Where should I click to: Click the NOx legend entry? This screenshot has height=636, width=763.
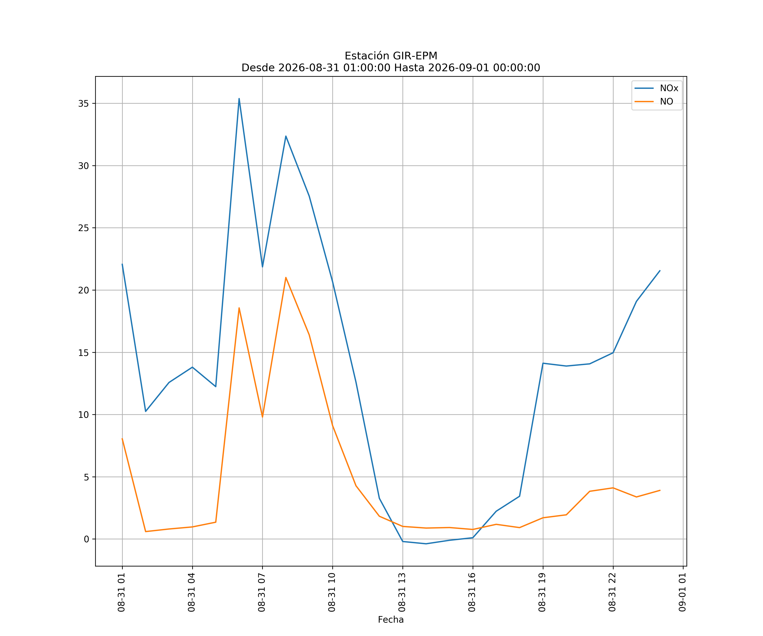pos(656,88)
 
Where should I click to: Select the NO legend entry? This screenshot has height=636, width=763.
pos(654,101)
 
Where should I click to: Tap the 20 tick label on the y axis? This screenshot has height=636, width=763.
pos(83,290)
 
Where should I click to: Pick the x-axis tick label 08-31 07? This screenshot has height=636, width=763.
pos(262,592)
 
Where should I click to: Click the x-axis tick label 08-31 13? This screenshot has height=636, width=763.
pos(402,592)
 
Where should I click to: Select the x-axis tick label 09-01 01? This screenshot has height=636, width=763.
pos(682,592)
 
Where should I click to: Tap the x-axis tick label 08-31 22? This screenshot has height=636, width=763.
pos(612,592)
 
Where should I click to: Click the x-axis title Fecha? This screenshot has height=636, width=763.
pos(391,620)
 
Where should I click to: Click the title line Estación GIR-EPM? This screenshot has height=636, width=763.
pos(391,56)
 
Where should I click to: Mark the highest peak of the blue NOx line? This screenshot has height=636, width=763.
pos(239,99)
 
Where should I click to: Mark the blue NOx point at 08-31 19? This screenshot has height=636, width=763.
pos(543,363)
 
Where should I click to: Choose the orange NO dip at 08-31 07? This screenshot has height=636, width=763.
pos(262,417)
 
